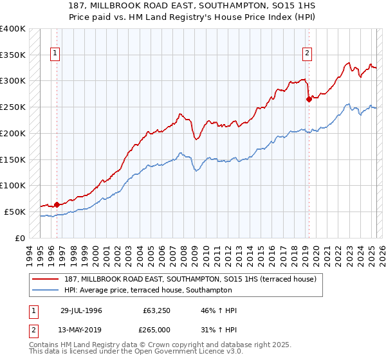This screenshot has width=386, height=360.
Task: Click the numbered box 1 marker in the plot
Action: [x=56, y=53]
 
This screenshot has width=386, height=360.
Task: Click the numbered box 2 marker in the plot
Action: [x=308, y=53]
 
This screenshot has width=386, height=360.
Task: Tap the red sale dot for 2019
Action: [x=309, y=99]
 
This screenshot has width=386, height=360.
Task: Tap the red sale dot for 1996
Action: [x=57, y=204]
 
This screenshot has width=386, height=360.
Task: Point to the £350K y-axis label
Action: [x=13, y=55]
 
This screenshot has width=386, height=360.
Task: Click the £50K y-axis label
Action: [x=15, y=212]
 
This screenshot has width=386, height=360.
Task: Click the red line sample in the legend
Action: [x=46, y=280]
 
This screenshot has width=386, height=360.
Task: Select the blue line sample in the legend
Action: [x=46, y=291]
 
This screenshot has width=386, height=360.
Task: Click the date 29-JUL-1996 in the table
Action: [x=81, y=310]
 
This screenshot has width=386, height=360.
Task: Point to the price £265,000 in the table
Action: [x=157, y=329]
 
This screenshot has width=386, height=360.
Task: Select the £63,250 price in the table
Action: [x=157, y=310]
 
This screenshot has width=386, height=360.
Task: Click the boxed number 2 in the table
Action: [x=33, y=329]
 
